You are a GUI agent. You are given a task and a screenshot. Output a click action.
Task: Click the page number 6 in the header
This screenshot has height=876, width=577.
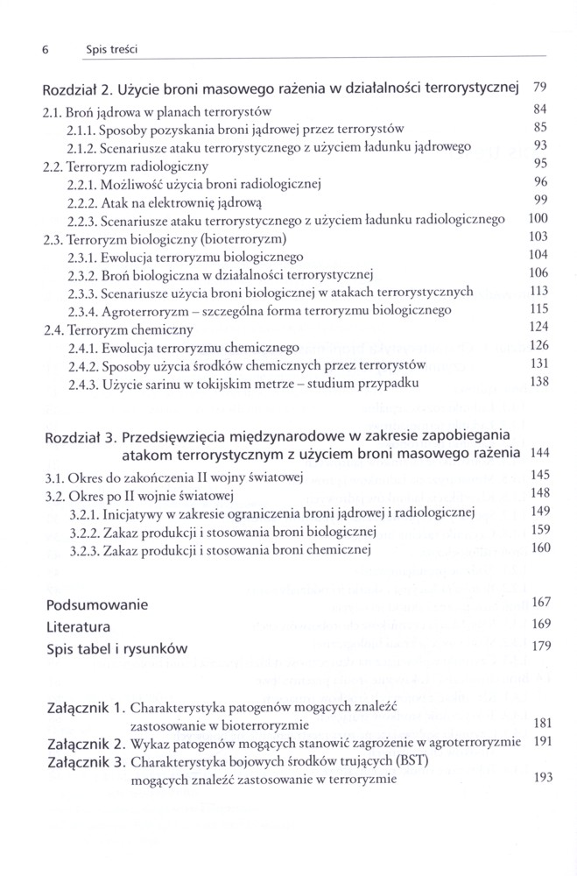click(44, 51)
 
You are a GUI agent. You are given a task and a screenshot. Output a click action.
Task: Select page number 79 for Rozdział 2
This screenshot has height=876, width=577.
click(539, 87)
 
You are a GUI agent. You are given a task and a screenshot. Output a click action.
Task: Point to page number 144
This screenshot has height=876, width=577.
click(538, 453)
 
